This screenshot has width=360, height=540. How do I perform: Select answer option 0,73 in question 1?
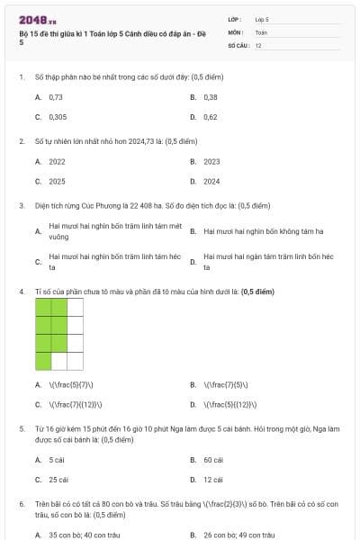(56, 96)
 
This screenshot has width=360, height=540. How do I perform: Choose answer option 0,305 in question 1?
(58, 117)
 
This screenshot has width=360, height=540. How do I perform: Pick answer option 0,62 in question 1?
(211, 117)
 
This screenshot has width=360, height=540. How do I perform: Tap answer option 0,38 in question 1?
(211, 96)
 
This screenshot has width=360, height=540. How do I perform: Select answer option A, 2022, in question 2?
(57, 161)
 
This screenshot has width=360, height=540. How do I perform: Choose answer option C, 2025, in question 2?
(57, 181)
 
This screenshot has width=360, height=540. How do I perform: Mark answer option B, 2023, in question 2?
(211, 161)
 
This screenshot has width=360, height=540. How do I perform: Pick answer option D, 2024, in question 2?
(211, 181)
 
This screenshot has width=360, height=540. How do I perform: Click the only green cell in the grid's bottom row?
(43, 361)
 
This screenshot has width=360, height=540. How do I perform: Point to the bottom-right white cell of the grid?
(76, 361)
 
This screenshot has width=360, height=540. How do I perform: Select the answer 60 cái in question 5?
(213, 459)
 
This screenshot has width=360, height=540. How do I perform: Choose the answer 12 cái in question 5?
(213, 480)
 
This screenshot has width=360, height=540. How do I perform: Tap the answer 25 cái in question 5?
(58, 480)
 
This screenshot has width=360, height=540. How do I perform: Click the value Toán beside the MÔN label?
(261, 31)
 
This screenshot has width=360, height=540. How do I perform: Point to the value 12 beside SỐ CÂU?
(258, 44)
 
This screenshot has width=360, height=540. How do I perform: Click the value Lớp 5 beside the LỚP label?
(262, 18)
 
